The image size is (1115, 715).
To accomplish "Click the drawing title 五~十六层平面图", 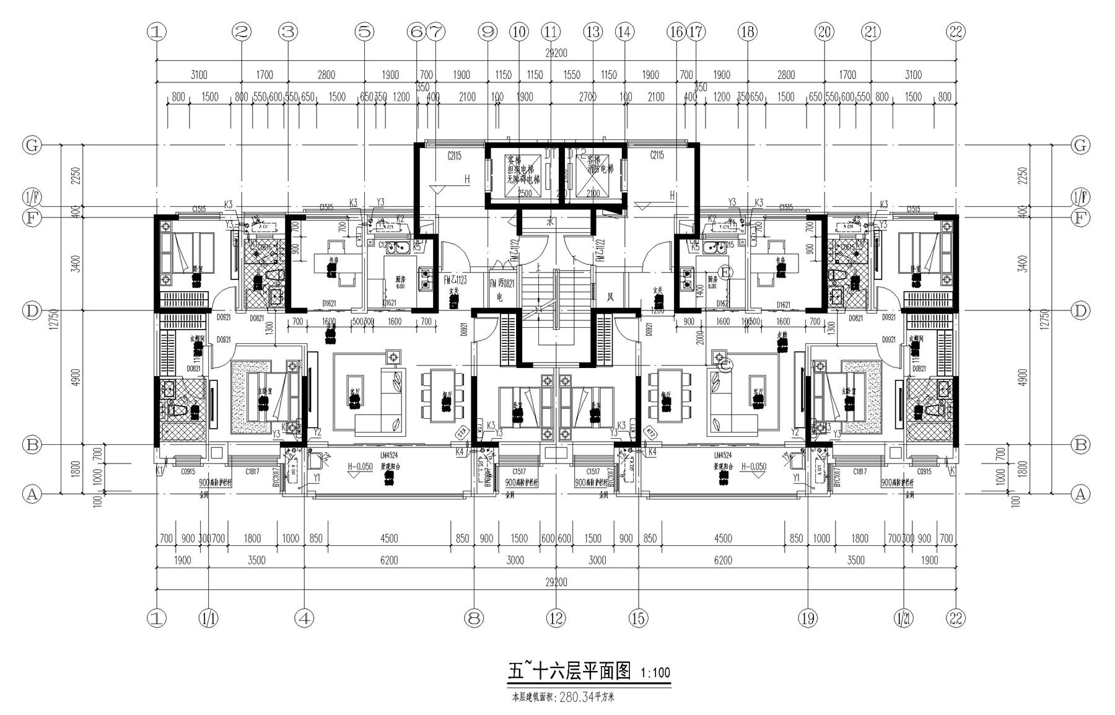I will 569,671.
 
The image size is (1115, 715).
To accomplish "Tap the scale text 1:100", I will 655,673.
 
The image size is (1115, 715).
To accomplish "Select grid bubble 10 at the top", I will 518,32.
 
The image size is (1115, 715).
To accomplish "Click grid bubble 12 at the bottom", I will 556,617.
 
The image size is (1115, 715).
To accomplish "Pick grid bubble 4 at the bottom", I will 305,617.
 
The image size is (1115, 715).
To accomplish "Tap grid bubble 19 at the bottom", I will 808,617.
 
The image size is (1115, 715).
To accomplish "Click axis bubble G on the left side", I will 32,146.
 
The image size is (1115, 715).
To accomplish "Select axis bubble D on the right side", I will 1080,310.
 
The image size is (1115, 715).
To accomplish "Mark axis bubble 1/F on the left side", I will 32,197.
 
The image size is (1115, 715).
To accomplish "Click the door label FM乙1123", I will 455,280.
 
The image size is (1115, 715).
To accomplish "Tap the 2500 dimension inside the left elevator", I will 524,193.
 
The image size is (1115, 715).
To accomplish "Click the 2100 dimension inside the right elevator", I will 592,193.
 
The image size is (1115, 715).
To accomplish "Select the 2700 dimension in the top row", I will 587,97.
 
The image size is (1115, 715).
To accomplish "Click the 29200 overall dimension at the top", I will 556,53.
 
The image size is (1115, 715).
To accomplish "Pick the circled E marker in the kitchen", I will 726,271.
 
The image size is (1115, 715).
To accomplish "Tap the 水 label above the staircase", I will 549,221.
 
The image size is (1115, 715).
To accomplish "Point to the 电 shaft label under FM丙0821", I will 499,297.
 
